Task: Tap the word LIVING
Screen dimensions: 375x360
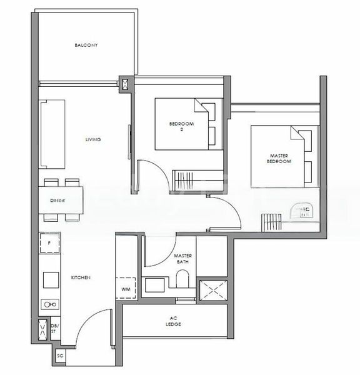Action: tap(93, 139)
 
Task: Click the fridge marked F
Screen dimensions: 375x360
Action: tap(49, 241)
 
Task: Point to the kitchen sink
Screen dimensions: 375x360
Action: tap(49, 304)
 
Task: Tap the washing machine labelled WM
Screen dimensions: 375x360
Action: tap(126, 289)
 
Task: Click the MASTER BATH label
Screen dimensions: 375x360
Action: tap(182, 259)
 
